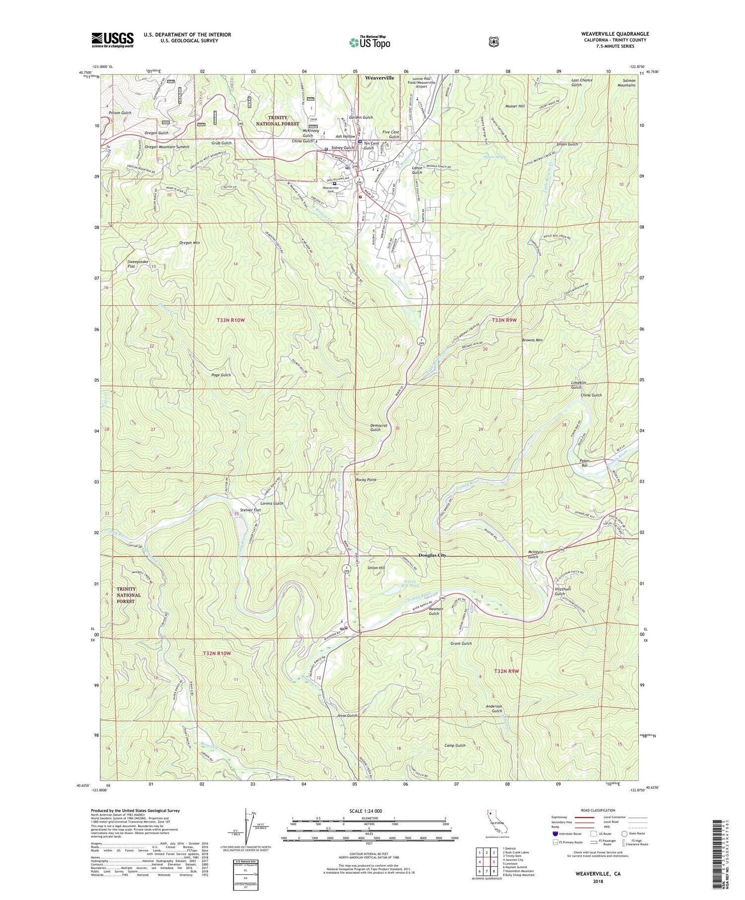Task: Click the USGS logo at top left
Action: point(112,40)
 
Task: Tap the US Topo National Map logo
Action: point(370,42)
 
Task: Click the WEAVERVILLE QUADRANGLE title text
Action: point(615,34)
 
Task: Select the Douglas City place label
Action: point(432,555)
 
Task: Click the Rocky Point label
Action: point(366,480)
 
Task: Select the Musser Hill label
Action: point(515,106)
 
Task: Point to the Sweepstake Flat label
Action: point(138,264)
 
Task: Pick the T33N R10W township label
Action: point(230,320)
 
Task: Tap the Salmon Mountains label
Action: point(626,82)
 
